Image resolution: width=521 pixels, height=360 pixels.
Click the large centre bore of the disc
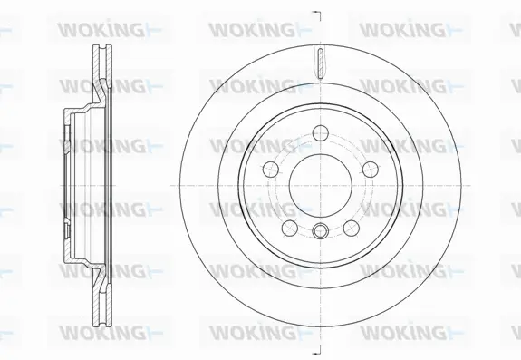tap(314, 181)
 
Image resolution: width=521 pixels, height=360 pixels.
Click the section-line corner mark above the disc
tap(316, 13)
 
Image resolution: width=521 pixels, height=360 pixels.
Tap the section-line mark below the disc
tap(316, 349)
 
